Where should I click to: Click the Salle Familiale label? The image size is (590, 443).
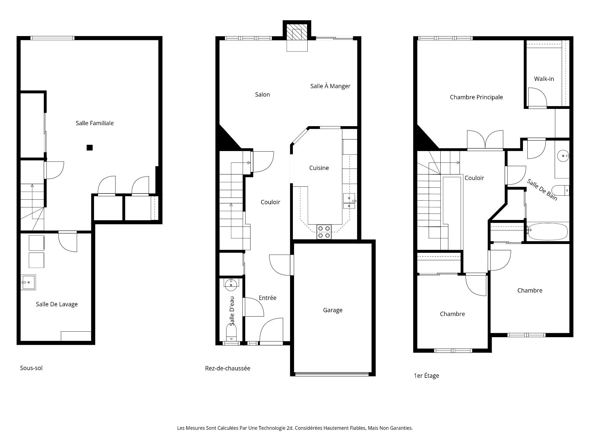tap(95, 123)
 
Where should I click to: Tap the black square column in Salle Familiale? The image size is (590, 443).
tap(89, 148)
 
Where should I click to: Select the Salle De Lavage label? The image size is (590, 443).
tap(57, 304)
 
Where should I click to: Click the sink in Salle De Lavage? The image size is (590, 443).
tap(29, 282)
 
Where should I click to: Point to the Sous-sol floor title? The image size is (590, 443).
tap(31, 368)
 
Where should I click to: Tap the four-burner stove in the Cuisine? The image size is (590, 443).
tap(324, 232)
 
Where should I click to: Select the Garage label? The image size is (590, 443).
tap(333, 310)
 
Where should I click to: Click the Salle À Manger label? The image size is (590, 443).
tap(330, 86)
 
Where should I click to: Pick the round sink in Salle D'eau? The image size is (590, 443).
tap(231, 284)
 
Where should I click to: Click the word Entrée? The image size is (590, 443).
tap(268, 298)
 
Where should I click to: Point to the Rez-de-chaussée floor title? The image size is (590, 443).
tap(228, 368)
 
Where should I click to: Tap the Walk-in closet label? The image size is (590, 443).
tap(544, 79)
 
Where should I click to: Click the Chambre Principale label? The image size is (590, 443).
tap(476, 97)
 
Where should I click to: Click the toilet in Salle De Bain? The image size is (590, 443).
tap(560, 190)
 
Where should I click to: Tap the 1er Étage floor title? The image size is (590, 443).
tap(427, 376)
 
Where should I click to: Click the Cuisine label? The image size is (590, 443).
tap(319, 168)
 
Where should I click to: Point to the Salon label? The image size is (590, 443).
tap(262, 94)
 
